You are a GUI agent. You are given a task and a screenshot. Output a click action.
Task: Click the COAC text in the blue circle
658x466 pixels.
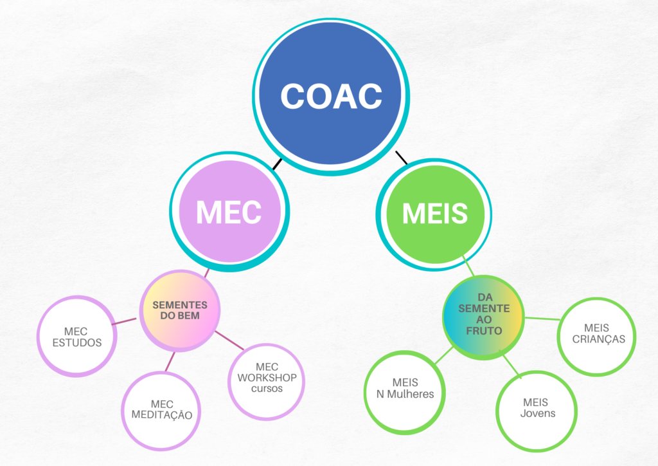tap(331, 97)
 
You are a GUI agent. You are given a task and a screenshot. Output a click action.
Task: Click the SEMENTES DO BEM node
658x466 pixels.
tap(180, 310)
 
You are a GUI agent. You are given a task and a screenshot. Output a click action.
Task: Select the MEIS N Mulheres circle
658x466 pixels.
tap(404, 388)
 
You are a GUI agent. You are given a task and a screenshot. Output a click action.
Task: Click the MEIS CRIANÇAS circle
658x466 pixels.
tap(598, 334)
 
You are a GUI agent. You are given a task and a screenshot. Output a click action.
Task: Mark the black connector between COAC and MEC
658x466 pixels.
tap(278, 163)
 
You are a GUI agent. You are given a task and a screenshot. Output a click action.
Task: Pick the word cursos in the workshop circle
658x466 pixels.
tap(267, 389)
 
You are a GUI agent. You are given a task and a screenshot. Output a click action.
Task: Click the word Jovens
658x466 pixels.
tap(538, 414)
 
